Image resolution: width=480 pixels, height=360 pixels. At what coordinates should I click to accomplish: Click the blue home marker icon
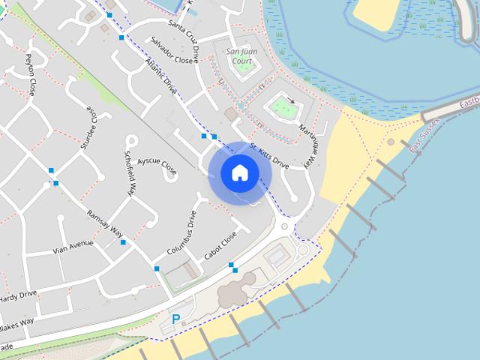click(x=240, y=172)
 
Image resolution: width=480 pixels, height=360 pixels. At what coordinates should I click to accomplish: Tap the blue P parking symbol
click(x=176, y=319)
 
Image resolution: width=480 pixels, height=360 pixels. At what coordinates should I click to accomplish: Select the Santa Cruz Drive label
click(x=184, y=41)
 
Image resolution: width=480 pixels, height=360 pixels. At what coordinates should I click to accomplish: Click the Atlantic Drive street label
click(x=160, y=76)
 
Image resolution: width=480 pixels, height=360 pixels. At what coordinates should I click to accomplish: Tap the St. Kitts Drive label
click(x=269, y=155)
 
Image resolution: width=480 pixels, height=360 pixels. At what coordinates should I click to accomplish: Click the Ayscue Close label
click(x=157, y=165)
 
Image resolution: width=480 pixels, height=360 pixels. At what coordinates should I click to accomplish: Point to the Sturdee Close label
click(x=88, y=127)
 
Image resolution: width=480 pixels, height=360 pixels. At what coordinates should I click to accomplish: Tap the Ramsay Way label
click(x=104, y=223)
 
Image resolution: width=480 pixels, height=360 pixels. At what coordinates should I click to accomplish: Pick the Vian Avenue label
click(x=73, y=247)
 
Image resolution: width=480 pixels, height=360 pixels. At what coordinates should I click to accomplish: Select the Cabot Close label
click(x=220, y=245)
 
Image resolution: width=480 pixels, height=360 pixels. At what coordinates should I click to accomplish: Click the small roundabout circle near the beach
click(x=302, y=248)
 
